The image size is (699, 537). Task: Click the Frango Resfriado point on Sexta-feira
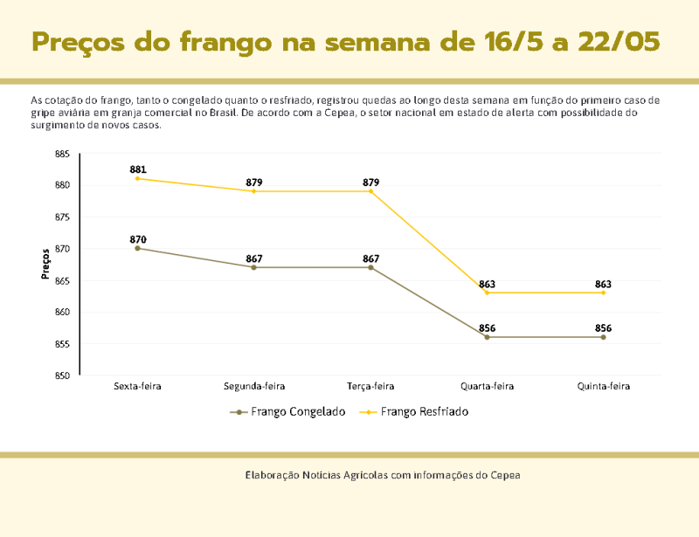click(138, 178)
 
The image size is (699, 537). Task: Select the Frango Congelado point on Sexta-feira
click(138, 248)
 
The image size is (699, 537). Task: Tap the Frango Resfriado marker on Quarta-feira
click(487, 293)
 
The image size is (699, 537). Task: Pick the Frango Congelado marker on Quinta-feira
click(603, 337)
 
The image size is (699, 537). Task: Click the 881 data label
click(138, 169)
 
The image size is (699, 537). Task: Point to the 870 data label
click(138, 239)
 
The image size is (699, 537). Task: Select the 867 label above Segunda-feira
click(254, 258)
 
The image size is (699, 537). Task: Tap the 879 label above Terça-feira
click(370, 182)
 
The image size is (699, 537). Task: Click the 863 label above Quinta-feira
click(603, 284)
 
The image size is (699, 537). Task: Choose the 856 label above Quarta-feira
click(487, 328)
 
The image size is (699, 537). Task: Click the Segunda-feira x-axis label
click(254, 385)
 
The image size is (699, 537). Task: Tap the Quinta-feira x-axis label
click(603, 385)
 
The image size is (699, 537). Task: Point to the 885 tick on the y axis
click(62, 154)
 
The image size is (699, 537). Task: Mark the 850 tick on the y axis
click(62, 375)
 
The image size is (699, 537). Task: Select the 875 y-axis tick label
click(62, 217)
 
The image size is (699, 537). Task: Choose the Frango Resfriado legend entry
click(425, 411)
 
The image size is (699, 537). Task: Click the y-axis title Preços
click(45, 265)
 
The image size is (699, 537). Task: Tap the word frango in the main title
click(226, 42)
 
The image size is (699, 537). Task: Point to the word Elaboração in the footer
click(272, 475)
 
